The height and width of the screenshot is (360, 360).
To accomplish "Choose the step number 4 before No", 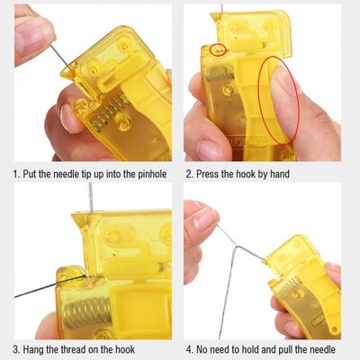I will click(x=189, y=348).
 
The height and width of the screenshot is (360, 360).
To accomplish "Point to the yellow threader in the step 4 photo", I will click(x=301, y=288).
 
